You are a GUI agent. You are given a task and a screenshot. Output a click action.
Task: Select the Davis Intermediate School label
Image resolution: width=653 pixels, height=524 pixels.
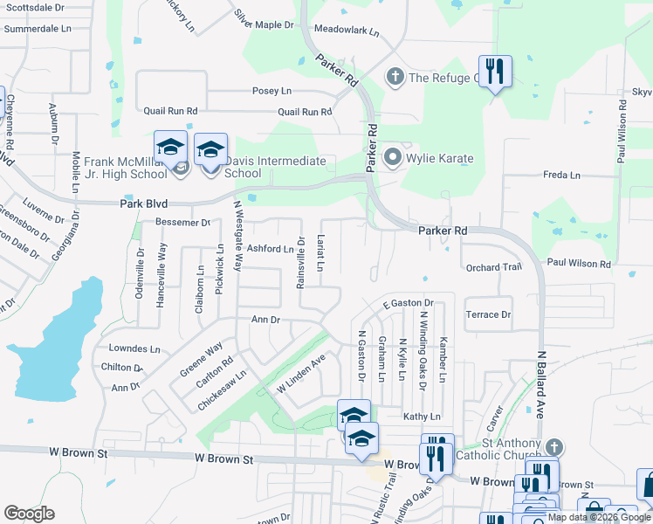[275, 167]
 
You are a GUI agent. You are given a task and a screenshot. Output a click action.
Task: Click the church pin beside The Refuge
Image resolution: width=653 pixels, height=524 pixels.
[395, 78]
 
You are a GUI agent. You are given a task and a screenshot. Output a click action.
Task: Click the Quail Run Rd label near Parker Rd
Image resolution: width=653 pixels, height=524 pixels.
[305, 112]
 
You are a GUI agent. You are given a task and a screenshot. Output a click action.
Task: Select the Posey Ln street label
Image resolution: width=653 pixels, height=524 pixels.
[272, 91]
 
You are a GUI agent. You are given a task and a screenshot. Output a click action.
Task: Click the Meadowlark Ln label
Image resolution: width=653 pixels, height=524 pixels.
[347, 31]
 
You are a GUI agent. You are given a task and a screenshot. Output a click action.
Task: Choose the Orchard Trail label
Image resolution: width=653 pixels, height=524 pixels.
[493, 267]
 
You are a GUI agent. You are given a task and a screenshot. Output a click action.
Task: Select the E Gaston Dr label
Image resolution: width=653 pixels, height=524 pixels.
[409, 303]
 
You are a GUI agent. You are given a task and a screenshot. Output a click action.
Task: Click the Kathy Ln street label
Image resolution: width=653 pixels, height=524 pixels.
[422, 417]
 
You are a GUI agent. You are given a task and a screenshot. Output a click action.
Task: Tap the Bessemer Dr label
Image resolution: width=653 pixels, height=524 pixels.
[182, 223]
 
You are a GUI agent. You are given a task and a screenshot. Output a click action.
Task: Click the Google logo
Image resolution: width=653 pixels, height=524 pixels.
[29, 514]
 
